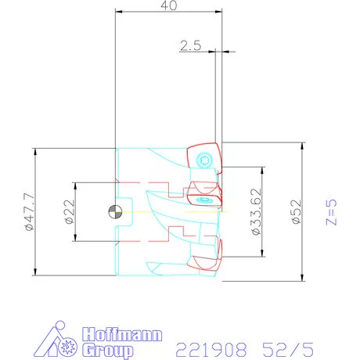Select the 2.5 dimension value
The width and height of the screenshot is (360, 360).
tap(190, 46)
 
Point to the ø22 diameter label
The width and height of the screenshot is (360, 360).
tap(69, 211)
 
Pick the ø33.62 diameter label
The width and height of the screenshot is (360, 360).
tap(256, 211)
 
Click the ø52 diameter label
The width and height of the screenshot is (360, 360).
tap(295, 211)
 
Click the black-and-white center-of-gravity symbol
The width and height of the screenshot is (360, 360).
tap(114, 211)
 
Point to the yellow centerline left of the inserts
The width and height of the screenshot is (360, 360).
tap(157, 211)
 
